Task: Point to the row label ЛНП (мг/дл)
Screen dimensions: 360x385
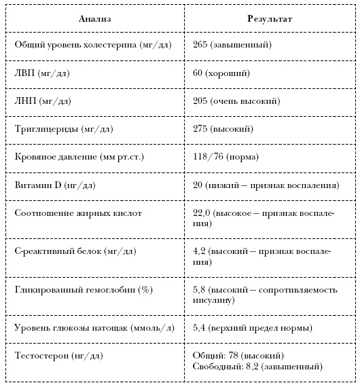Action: pos(43,101)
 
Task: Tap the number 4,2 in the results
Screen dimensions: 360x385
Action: pos(200,251)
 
